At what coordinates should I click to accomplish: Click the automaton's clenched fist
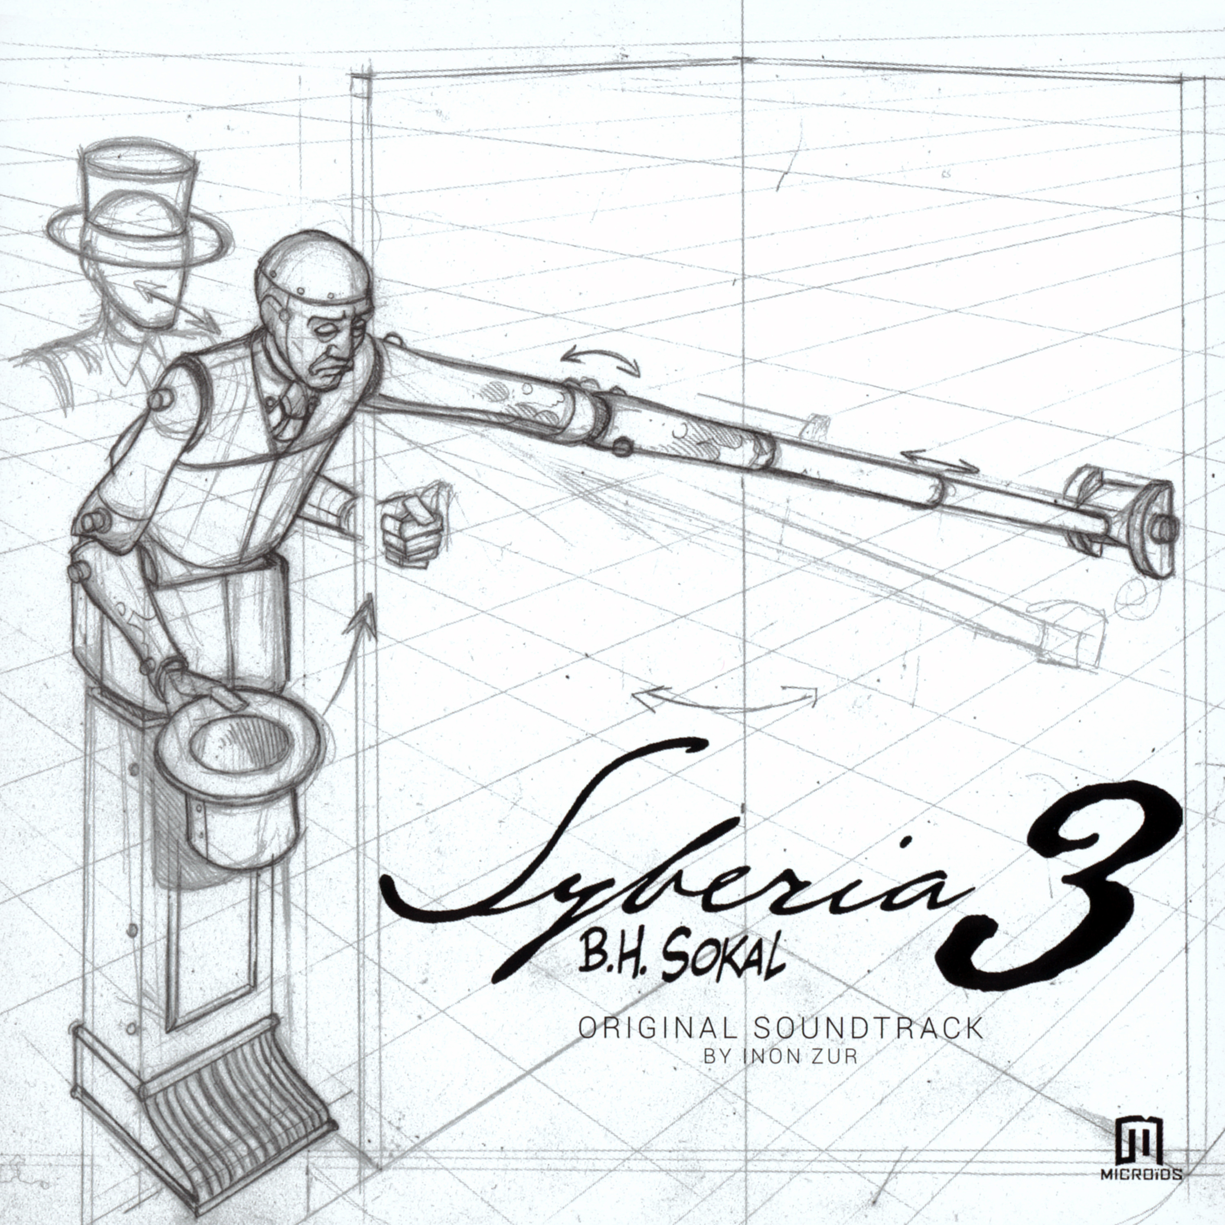coord(412,523)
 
